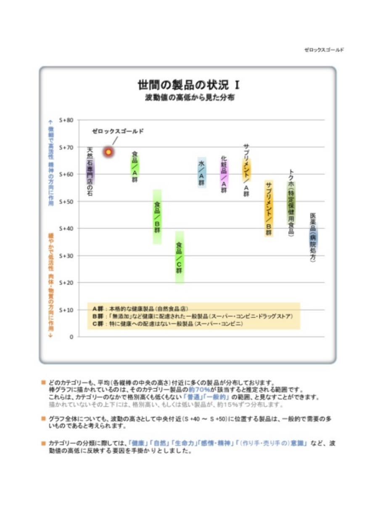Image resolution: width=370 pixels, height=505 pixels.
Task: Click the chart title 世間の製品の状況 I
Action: (x=189, y=85)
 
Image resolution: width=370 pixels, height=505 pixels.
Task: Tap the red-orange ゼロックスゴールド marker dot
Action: (x=108, y=152)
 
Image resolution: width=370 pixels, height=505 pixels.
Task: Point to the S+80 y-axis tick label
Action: (x=66, y=120)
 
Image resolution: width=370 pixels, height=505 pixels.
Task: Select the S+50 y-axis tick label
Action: (x=66, y=202)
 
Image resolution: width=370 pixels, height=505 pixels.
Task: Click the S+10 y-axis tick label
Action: (x=66, y=310)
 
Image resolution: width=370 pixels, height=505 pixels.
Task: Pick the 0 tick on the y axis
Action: (x=71, y=337)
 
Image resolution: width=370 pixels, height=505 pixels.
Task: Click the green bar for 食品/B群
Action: (x=157, y=217)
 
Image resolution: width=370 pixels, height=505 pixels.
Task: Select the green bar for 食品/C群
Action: (x=179, y=257)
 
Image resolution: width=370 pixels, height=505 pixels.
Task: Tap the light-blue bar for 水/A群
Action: (x=202, y=173)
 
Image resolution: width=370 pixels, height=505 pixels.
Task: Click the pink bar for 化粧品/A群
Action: (x=224, y=173)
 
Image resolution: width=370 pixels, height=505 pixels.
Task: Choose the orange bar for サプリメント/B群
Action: (x=269, y=209)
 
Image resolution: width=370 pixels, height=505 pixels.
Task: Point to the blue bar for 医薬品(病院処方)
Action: (x=313, y=238)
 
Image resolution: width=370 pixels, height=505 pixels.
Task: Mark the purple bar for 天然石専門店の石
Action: (x=90, y=171)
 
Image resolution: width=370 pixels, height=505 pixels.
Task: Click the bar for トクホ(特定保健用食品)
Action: (x=291, y=203)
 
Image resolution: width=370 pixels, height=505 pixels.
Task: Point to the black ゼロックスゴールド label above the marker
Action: (x=118, y=131)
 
